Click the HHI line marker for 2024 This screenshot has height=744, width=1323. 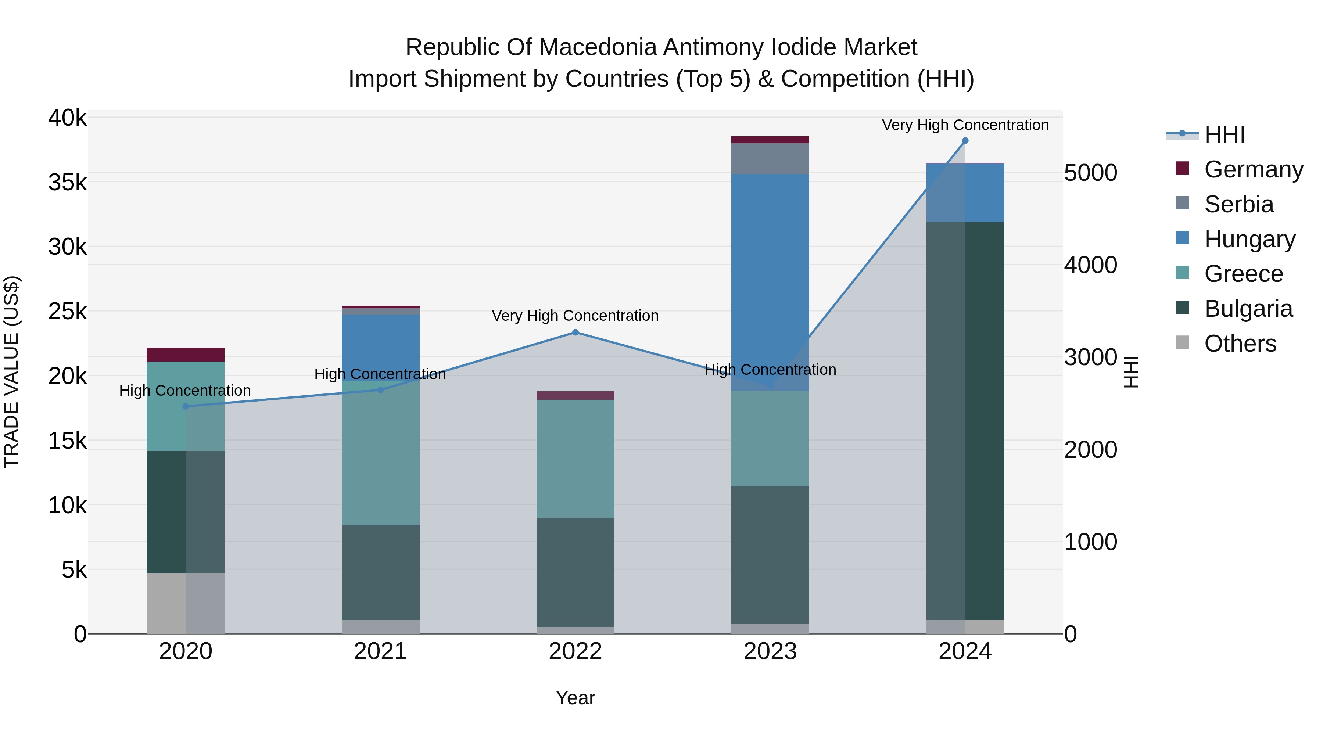(965, 141)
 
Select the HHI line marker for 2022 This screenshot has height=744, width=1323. (575, 333)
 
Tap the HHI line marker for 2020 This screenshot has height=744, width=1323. (186, 407)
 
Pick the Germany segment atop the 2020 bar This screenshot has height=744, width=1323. (186, 355)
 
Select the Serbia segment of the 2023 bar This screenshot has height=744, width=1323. (770, 159)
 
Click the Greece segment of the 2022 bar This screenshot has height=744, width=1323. (575, 459)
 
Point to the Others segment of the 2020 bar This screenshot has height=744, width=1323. (186, 603)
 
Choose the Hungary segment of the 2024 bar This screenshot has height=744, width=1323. (965, 193)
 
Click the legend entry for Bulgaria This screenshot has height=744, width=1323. (1248, 309)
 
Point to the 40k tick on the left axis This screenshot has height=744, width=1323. (68, 118)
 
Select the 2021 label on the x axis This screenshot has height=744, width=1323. (381, 651)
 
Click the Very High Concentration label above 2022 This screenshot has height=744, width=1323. (575, 316)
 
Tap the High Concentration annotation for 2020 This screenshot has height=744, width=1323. (185, 391)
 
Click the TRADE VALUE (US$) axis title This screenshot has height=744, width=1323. (11, 372)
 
